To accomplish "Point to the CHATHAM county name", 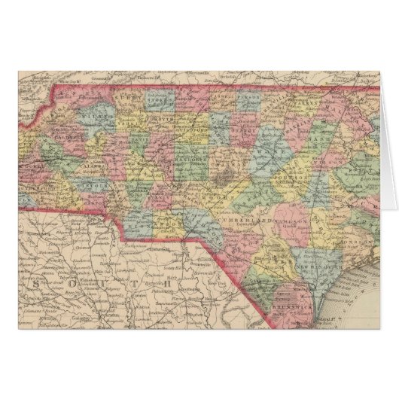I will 219,160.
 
